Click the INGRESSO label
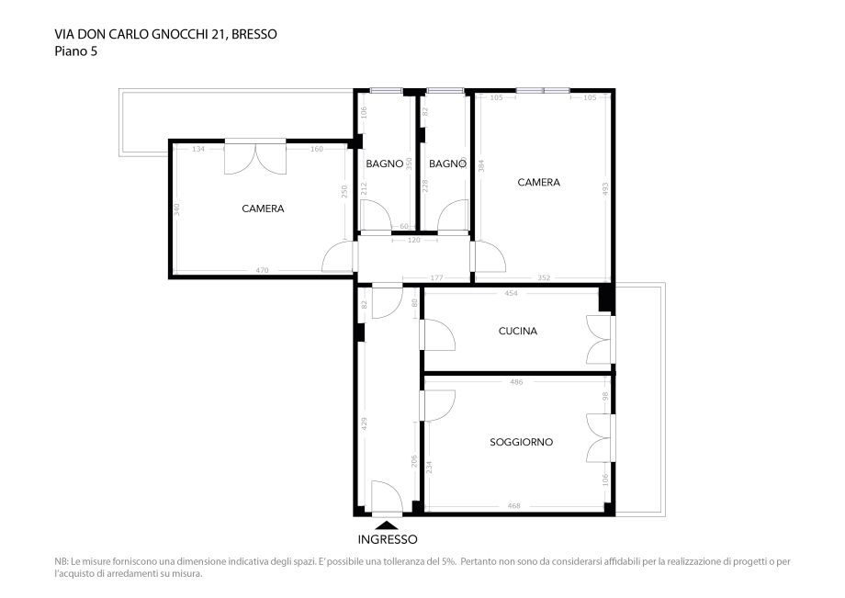pyautogui.click(x=387, y=539)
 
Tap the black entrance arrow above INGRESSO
pyautogui.click(x=387, y=523)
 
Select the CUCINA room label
pyautogui.click(x=517, y=331)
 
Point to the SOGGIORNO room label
pyautogui.click(x=521, y=442)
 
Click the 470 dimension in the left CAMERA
pyautogui.click(x=262, y=270)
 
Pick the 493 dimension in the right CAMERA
pyautogui.click(x=605, y=188)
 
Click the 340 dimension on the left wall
pyautogui.click(x=175, y=209)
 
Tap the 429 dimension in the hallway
pyautogui.click(x=365, y=423)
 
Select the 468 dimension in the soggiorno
pyautogui.click(x=514, y=505)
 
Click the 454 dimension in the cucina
pyautogui.click(x=512, y=294)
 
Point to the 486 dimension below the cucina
pyautogui.click(x=515, y=381)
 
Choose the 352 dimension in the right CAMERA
pyautogui.click(x=544, y=277)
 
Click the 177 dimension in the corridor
pyautogui.click(x=436, y=277)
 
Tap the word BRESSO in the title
pyautogui.click(x=254, y=34)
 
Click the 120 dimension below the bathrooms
pyautogui.click(x=413, y=240)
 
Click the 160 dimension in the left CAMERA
pyautogui.click(x=317, y=149)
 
